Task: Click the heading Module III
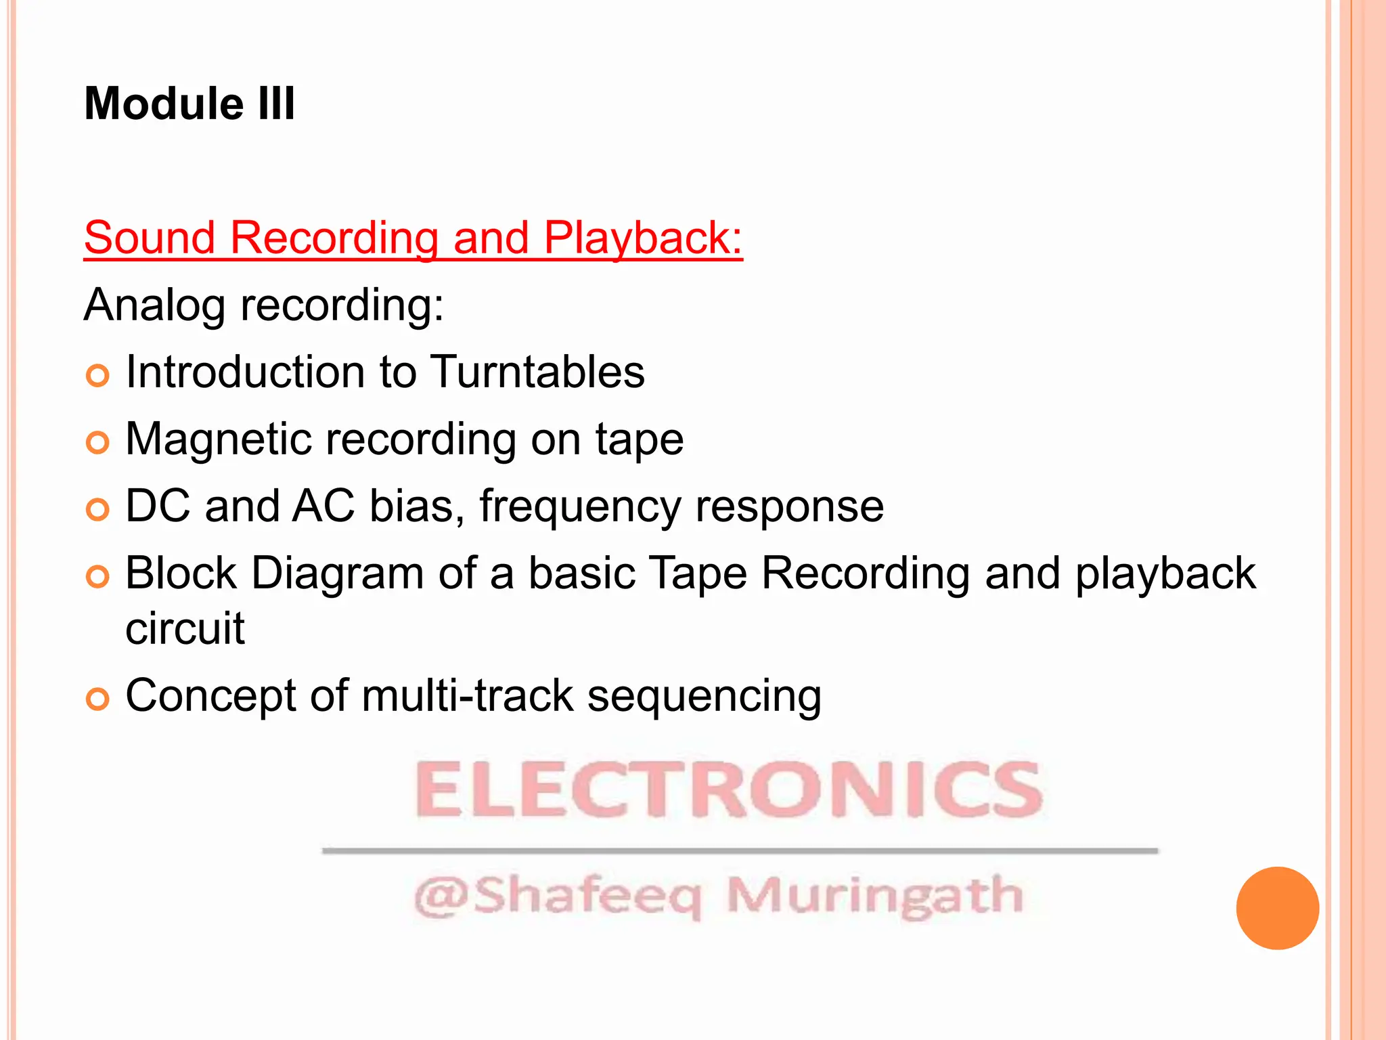[x=189, y=104]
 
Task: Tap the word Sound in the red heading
[x=150, y=238]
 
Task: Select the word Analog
[x=154, y=306]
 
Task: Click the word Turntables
[x=537, y=372]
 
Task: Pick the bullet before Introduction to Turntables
[x=97, y=375]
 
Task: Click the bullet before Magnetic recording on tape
[x=97, y=443]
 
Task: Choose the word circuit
[x=185, y=628]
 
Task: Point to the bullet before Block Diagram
[x=97, y=577]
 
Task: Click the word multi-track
[x=468, y=695]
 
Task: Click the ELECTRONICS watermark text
[x=728, y=789]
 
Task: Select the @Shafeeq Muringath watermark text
[x=719, y=896]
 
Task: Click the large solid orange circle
[x=1277, y=908]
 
